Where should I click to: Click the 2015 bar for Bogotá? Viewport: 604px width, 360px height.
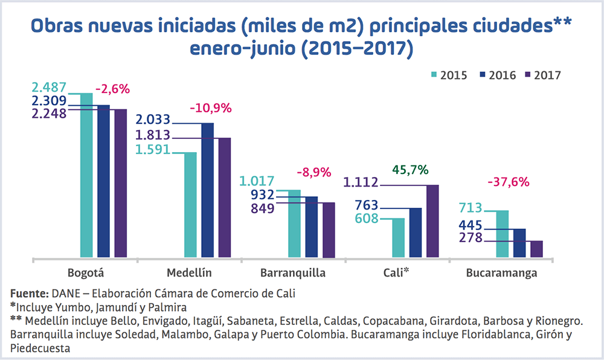87,176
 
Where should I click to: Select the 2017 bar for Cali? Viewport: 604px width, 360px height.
432,221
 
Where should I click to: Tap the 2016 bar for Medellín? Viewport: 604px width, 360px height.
208,190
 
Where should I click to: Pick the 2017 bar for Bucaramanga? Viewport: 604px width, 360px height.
536,249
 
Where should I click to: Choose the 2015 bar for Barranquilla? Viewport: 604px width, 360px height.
294,223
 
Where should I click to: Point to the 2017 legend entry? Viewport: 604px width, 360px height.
543,76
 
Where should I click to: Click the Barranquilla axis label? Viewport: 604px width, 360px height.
293,273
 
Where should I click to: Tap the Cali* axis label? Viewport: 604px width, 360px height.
397,272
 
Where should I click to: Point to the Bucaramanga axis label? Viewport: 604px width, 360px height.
501,273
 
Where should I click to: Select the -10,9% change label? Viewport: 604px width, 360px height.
211,109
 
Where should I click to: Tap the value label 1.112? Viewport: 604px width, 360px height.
361,182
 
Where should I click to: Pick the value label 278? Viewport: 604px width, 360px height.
471,238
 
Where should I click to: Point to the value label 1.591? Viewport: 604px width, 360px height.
153,149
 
